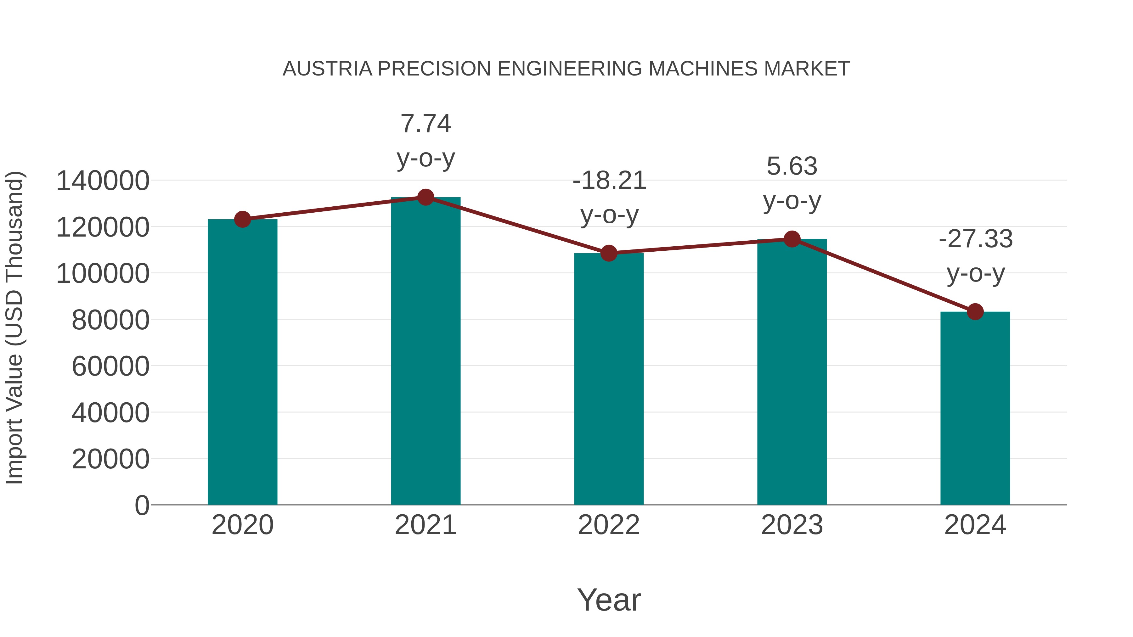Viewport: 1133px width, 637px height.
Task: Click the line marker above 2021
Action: click(425, 197)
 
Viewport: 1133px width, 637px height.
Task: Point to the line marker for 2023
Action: click(792, 239)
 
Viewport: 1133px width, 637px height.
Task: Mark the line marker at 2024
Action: click(975, 312)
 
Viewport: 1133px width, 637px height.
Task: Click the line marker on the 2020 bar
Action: click(242, 219)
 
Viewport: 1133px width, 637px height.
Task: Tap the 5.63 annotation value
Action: click(792, 166)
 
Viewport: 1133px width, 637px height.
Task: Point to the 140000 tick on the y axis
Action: click(103, 181)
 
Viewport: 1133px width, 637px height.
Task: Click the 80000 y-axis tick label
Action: click(110, 320)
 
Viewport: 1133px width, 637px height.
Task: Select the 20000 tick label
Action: click(110, 459)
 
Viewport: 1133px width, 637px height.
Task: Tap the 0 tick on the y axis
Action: click(142, 505)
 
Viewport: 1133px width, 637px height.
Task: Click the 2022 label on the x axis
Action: click(609, 525)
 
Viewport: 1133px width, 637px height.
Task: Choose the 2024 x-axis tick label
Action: click(975, 525)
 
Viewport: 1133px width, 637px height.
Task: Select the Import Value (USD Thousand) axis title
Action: click(14, 327)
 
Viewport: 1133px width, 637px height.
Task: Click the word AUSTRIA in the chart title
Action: click(327, 69)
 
